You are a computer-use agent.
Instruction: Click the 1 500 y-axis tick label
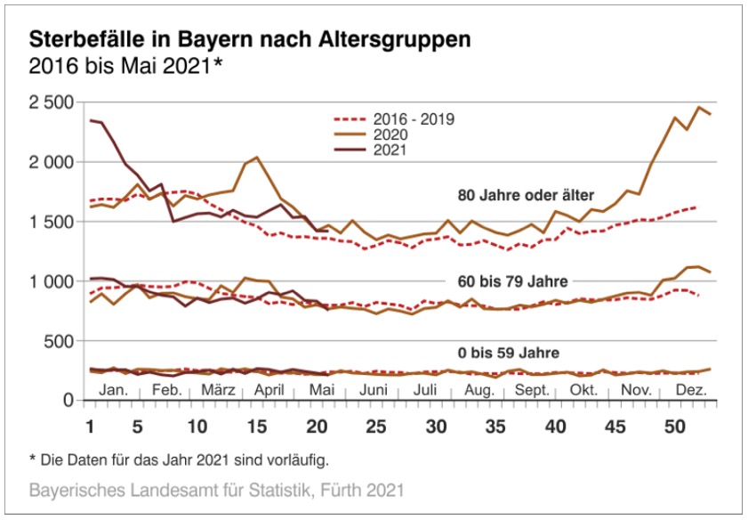pyautogui.click(x=51, y=222)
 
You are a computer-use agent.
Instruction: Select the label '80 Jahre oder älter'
pyautogui.click(x=525, y=194)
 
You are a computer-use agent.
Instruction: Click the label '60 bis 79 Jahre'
pyautogui.click(x=512, y=281)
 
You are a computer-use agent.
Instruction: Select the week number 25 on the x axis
pyautogui.click(x=377, y=426)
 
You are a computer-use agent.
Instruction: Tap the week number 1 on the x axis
pyautogui.click(x=90, y=426)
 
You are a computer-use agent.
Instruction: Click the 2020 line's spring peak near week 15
pyautogui.click(x=257, y=158)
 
